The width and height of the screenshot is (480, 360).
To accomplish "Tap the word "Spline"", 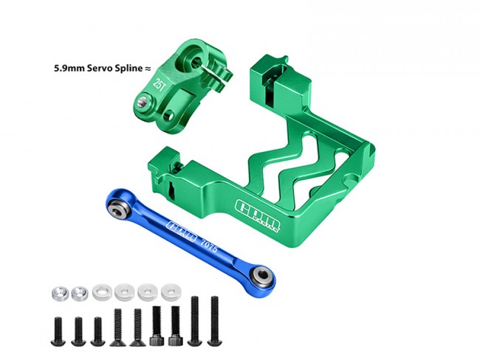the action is pos(127,68).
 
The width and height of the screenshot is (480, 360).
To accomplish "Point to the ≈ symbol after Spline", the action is pos(147,69).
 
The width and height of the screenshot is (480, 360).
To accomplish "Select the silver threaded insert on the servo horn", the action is pos(143,102).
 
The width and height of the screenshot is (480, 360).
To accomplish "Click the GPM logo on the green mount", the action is pos(258,215).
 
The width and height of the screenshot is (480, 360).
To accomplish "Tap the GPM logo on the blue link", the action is pos(181,230).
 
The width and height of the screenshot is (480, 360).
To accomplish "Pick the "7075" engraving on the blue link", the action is pos(209,246).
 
